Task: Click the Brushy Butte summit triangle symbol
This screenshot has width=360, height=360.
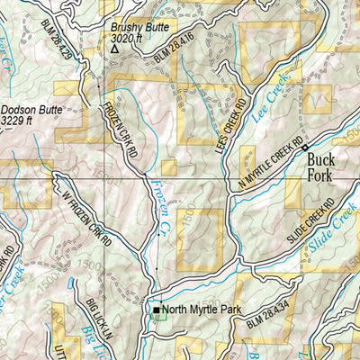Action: [114, 49]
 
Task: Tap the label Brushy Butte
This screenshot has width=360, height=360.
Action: [133, 27]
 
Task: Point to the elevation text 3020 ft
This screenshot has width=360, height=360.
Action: [128, 39]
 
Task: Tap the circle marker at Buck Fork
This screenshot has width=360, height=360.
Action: [305, 147]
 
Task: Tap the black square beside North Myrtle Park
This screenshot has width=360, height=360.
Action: [156, 310]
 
